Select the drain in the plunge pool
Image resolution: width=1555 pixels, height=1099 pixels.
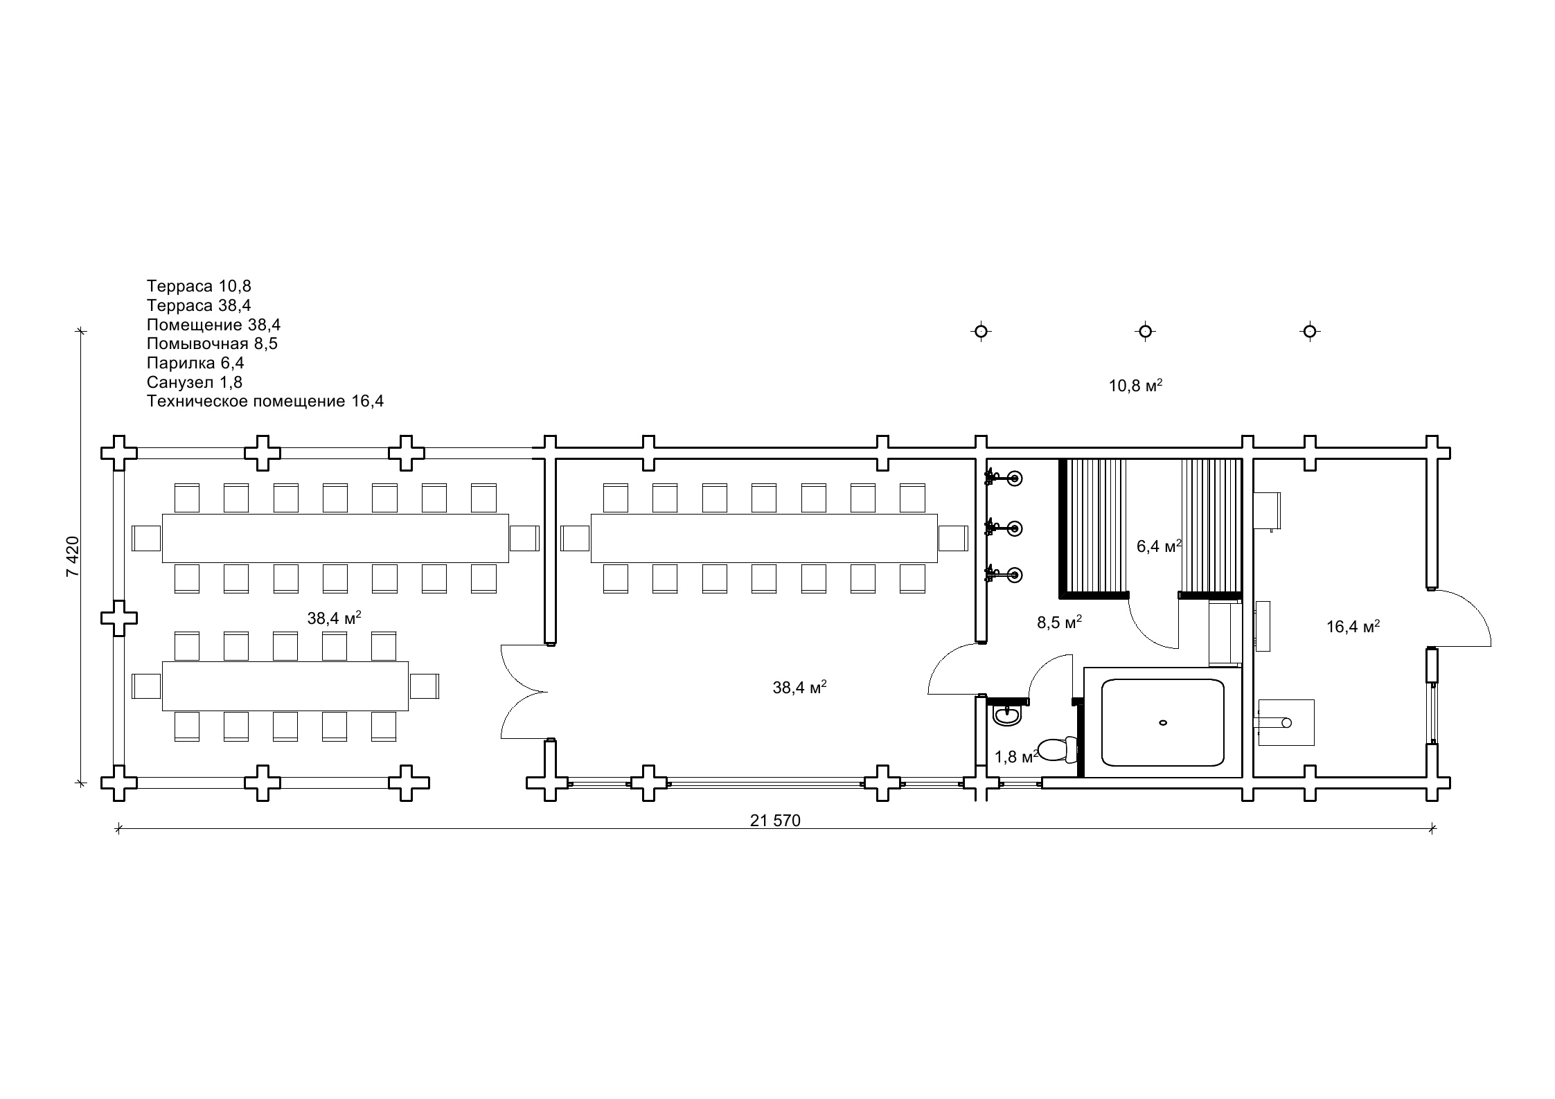(x=1163, y=722)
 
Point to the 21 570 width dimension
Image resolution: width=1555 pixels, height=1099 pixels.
(x=775, y=821)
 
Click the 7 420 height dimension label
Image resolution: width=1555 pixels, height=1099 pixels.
(x=73, y=556)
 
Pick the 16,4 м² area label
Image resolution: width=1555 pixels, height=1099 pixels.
(x=1353, y=627)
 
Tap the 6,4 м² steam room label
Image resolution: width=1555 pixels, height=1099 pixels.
(x=1159, y=546)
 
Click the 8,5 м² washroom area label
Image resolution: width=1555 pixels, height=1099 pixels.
(x=1059, y=623)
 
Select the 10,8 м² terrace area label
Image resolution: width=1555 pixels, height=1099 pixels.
(x=1135, y=386)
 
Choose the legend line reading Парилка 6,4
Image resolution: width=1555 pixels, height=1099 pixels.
(x=195, y=363)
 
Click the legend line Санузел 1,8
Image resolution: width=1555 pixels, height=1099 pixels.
(x=195, y=382)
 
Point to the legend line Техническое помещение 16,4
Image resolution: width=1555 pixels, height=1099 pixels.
(x=265, y=402)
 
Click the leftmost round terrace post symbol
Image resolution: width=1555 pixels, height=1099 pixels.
(x=981, y=332)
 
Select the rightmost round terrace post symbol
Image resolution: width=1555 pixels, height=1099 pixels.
(x=1309, y=332)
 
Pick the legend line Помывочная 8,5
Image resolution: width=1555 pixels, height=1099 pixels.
(x=212, y=343)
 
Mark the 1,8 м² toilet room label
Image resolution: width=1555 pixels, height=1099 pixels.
(x=1016, y=757)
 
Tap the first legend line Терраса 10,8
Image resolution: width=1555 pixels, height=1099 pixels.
(x=199, y=286)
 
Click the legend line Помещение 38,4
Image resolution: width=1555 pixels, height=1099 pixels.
(x=213, y=325)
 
